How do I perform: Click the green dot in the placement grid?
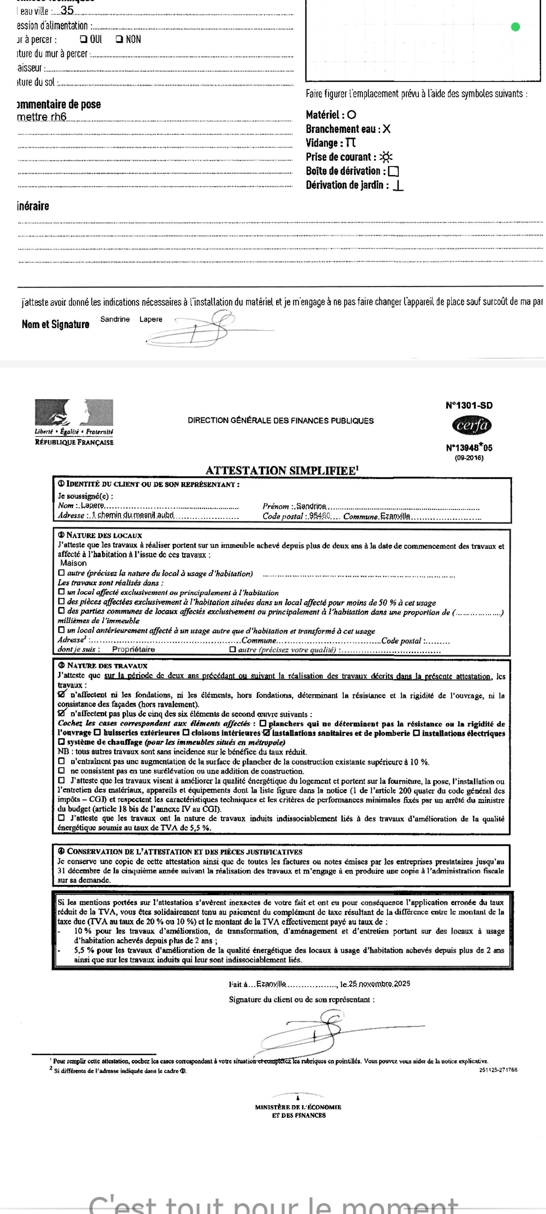(x=515, y=27)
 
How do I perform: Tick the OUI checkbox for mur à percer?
(x=83, y=39)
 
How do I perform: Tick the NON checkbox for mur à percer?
(x=119, y=39)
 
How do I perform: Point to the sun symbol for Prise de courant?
(x=386, y=157)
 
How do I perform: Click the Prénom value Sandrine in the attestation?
(x=311, y=506)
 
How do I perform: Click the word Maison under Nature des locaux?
(x=73, y=563)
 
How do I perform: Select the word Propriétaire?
(x=133, y=649)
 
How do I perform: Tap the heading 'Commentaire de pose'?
(x=59, y=104)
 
